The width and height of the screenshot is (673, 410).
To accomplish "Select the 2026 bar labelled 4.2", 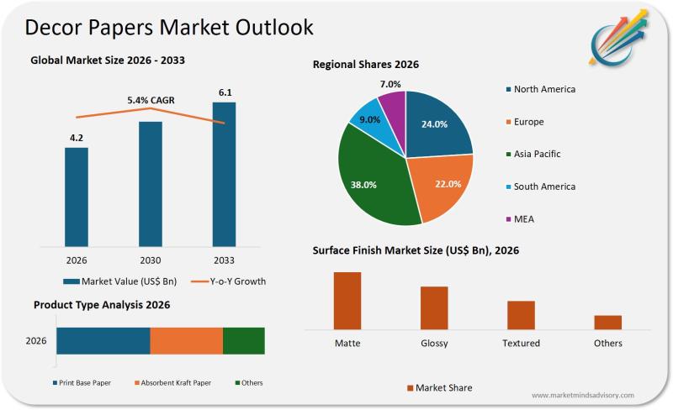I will click(77, 197).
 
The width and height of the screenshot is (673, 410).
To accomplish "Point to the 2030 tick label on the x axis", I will click(151, 260).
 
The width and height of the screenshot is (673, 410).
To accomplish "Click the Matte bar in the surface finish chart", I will click(347, 300).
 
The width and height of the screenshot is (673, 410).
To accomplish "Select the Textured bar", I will click(521, 314).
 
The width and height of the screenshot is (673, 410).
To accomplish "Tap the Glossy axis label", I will click(434, 343).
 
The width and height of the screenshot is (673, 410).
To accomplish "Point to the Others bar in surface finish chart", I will click(607, 322).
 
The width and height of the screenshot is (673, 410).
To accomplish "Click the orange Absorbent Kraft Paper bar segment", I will click(186, 341).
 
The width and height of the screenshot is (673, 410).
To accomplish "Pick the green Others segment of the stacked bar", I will click(244, 341).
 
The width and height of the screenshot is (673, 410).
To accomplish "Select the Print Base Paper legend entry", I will click(82, 383).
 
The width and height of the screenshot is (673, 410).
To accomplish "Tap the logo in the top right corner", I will click(621, 36).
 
